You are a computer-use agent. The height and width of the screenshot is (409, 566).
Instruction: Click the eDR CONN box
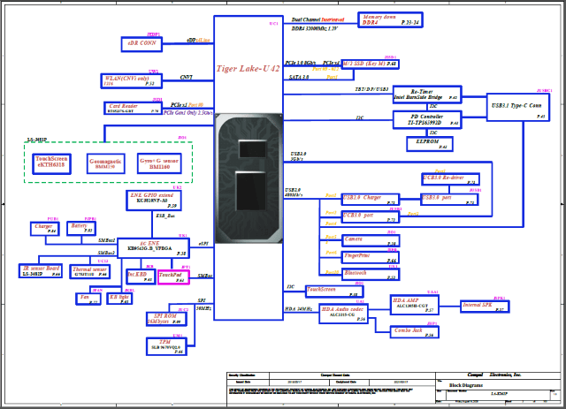141,42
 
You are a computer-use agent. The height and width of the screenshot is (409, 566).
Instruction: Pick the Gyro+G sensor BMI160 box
158,163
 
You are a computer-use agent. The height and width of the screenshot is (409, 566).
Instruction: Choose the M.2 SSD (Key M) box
371,64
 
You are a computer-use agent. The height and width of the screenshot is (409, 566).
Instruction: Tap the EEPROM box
428,141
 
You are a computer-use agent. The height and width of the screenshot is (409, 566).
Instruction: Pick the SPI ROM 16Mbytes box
164,318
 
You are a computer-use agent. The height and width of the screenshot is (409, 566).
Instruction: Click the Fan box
87,298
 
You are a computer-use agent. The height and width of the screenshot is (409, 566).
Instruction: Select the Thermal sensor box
89,271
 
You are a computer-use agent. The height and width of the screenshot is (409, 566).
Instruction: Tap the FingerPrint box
357,257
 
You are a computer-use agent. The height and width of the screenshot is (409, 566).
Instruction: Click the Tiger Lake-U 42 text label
249,67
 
